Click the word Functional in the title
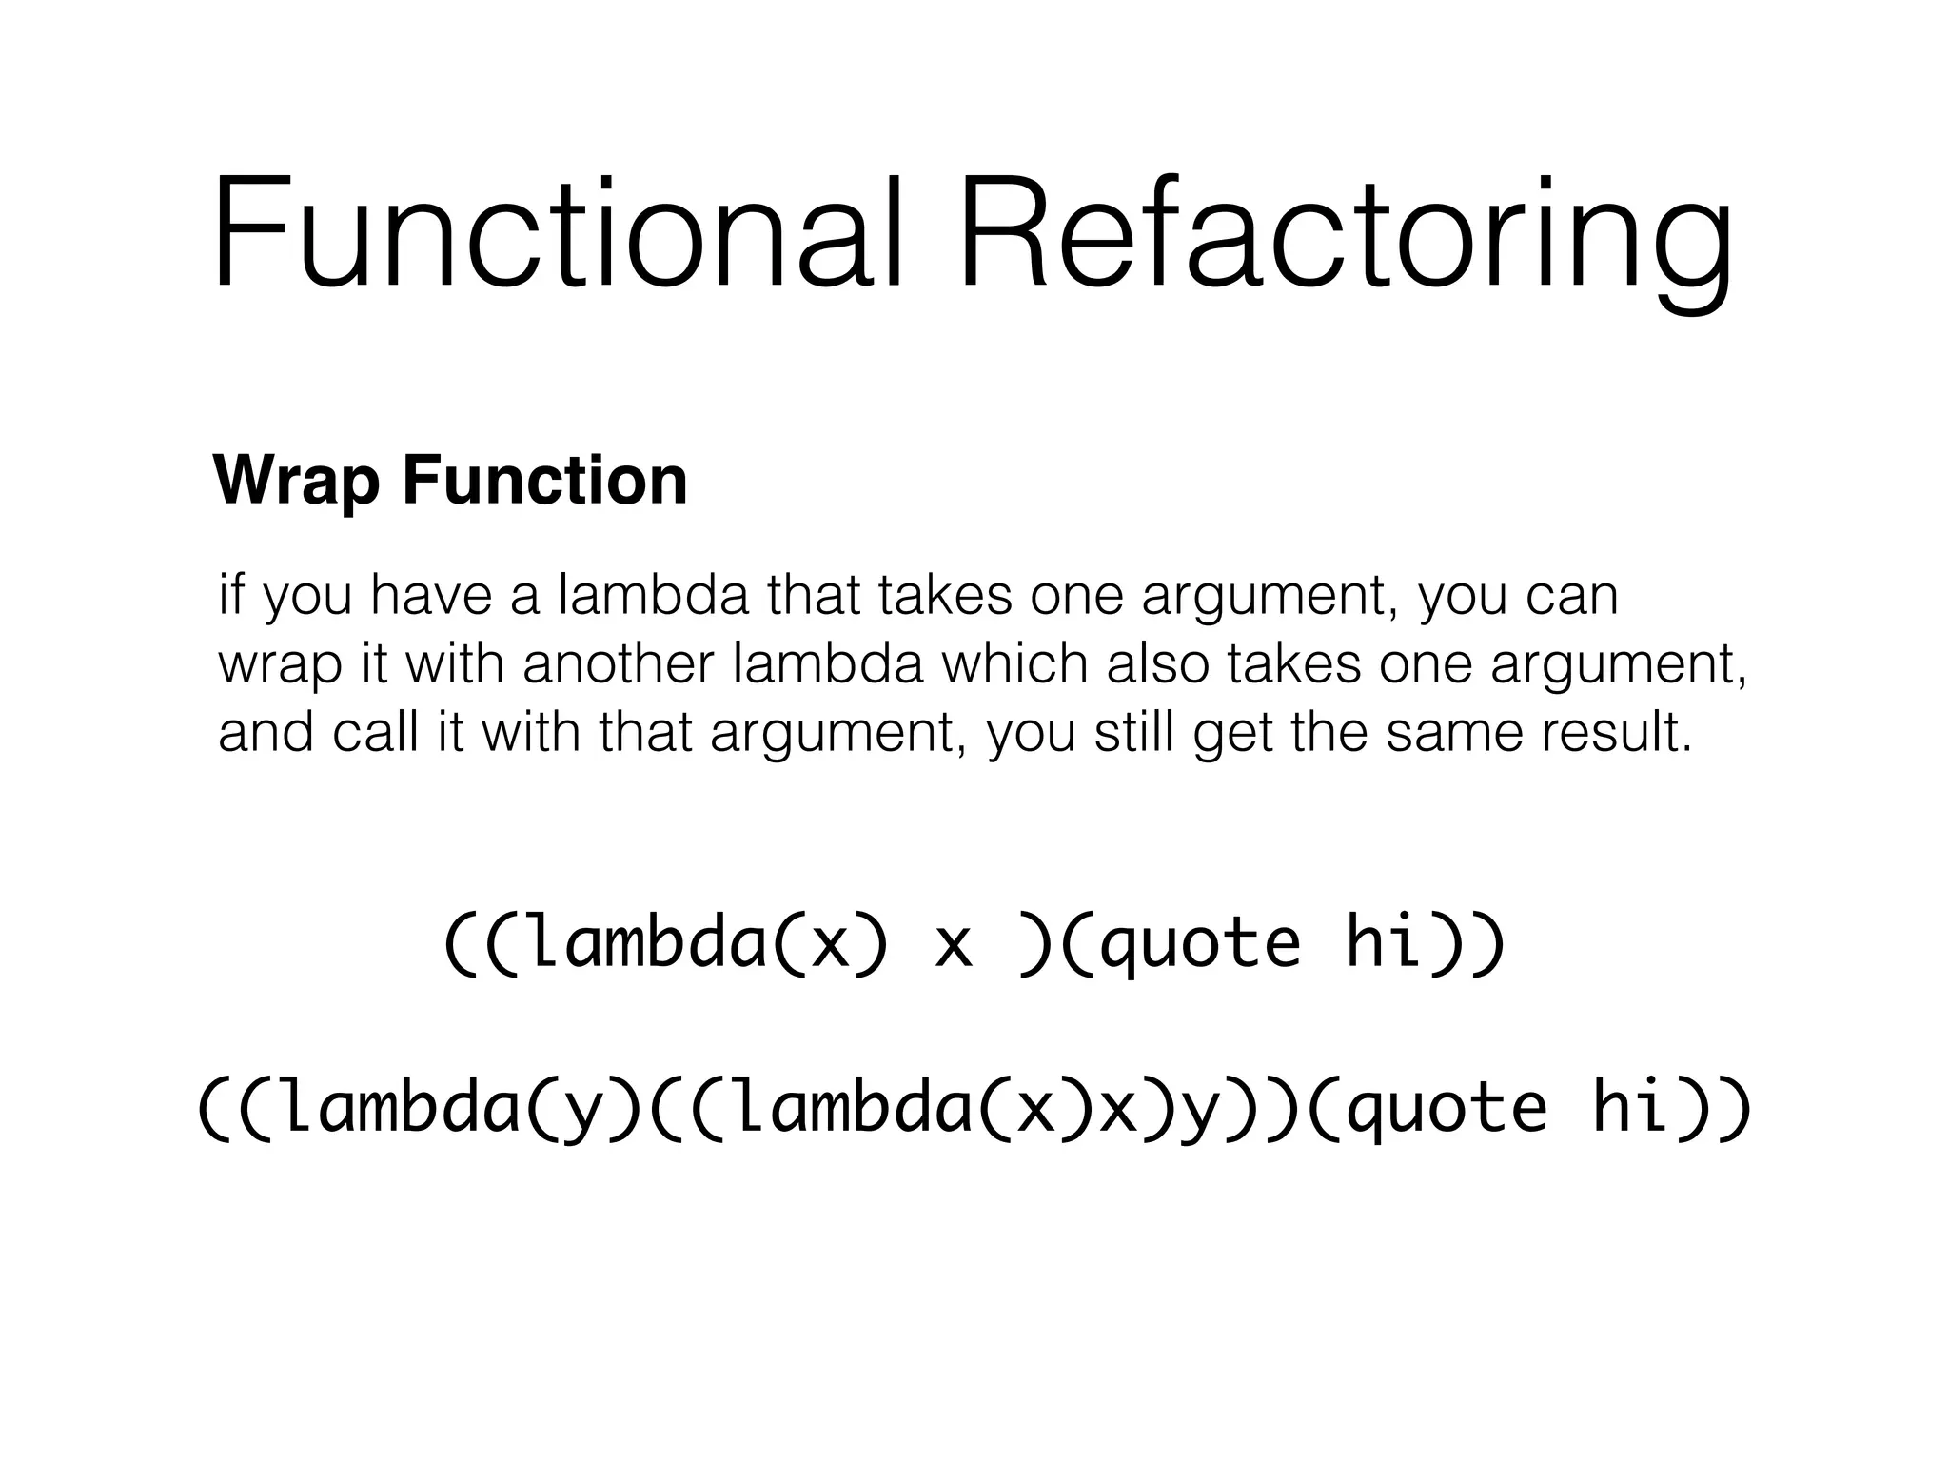tap(556, 234)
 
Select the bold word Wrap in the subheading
tap(296, 482)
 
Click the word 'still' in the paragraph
tap(1134, 732)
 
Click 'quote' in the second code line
tap(1447, 1108)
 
